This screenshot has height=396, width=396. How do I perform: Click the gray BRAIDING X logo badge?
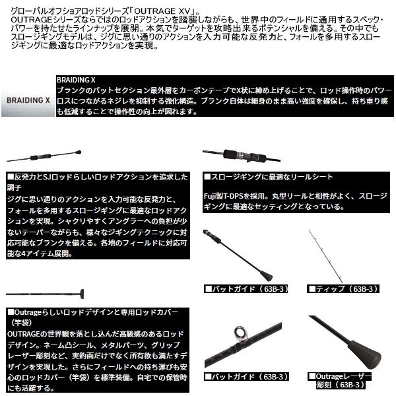tap(28, 102)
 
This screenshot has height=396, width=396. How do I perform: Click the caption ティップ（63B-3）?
tap(341, 288)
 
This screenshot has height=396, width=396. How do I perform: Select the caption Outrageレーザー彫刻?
tap(342, 380)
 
